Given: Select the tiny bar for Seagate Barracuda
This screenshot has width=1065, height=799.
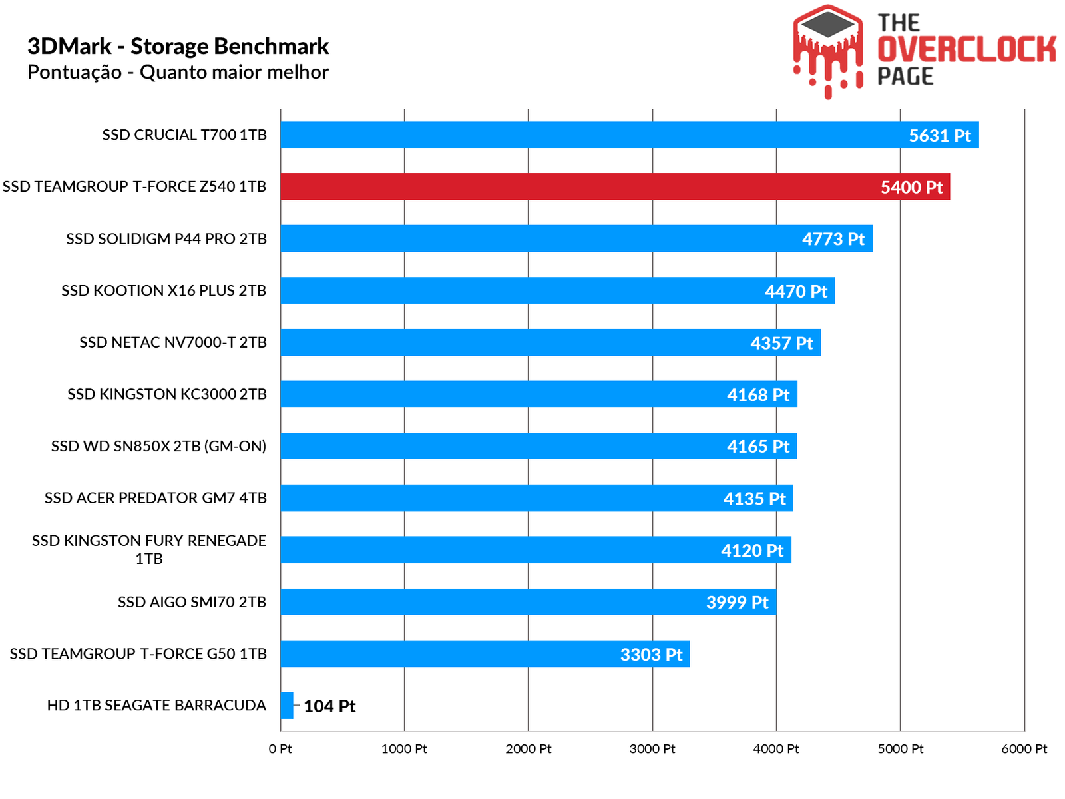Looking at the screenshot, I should [287, 705].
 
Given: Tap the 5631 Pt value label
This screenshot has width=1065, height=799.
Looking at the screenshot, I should [939, 136].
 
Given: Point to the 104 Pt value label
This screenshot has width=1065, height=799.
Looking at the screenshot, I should [329, 706].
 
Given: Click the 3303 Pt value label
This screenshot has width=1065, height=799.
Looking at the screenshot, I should [651, 655].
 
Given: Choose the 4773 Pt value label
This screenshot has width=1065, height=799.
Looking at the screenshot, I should [833, 239].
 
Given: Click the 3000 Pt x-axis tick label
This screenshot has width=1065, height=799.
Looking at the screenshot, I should [652, 749].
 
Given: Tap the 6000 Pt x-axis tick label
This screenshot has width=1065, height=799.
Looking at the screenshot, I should [1024, 749].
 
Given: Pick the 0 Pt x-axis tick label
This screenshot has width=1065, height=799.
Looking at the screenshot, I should [280, 749].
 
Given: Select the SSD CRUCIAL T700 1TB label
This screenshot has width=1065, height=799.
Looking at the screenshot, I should [184, 135].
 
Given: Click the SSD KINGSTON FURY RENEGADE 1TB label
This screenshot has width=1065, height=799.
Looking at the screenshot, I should [149, 549].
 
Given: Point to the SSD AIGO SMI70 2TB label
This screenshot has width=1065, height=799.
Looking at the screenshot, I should [192, 602].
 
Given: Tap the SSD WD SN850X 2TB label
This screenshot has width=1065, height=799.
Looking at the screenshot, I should [158, 446].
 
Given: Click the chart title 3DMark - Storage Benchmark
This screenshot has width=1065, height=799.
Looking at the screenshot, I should [178, 46].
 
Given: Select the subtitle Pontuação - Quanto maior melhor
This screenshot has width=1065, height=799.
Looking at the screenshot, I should [178, 72].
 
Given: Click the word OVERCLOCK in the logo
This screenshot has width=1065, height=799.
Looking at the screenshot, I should [966, 49].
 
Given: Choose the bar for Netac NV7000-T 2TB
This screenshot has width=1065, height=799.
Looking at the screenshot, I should [550, 342].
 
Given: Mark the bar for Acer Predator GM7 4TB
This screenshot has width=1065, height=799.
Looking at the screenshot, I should [536, 498].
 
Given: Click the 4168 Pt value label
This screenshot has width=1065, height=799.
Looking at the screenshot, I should [757, 395].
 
